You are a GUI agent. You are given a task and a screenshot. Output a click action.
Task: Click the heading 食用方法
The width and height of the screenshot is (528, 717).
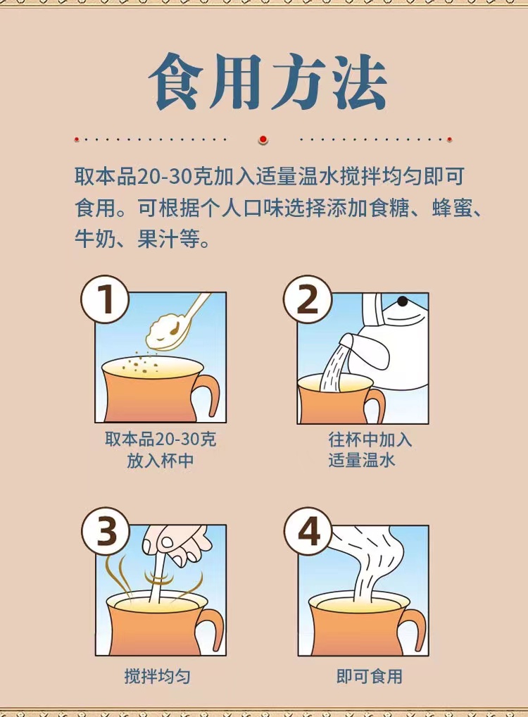[268, 82]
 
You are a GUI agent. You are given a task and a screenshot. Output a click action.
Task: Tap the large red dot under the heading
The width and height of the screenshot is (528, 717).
[263, 139]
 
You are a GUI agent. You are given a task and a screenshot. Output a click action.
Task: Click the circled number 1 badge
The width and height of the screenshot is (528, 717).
[105, 299]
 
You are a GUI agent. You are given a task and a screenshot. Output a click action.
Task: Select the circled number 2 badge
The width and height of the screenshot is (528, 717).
[307, 299]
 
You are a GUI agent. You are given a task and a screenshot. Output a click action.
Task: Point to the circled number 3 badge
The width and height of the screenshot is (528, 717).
[106, 531]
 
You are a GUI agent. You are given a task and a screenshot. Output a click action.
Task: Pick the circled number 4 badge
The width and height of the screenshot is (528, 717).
[308, 531]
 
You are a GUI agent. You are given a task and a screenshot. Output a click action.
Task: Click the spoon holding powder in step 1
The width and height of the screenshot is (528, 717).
[176, 323]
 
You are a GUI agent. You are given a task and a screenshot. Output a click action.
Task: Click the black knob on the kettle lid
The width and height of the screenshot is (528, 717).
[402, 301]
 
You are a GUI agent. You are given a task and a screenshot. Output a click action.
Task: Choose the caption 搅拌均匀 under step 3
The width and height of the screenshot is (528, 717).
[157, 676]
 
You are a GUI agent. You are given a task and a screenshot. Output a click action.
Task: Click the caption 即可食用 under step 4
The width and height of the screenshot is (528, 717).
[370, 676]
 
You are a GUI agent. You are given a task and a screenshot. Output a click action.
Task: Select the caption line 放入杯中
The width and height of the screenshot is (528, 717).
[160, 461]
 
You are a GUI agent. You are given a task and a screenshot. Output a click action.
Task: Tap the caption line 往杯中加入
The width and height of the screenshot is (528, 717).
[370, 439]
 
